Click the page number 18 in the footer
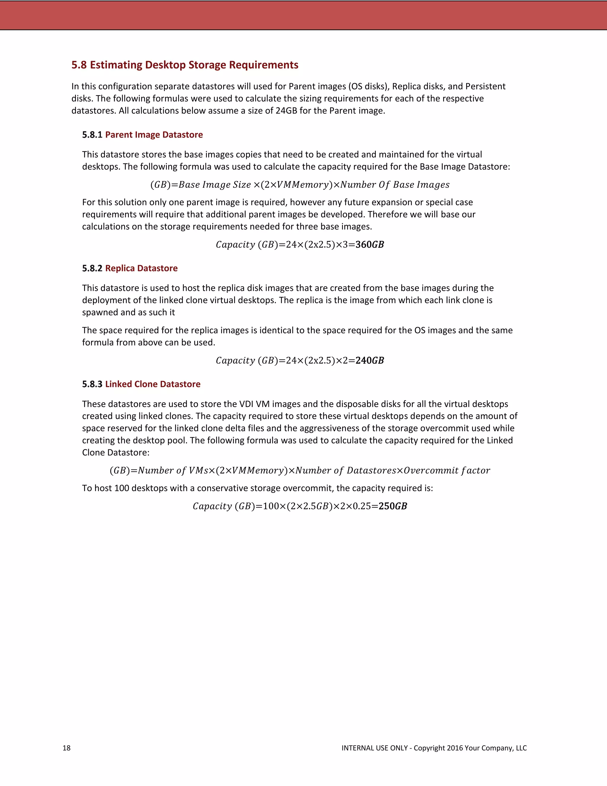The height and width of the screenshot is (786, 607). click(66, 748)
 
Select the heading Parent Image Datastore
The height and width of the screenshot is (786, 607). click(154, 135)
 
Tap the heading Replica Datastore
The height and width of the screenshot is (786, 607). click(141, 268)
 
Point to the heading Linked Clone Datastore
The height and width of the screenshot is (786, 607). click(153, 384)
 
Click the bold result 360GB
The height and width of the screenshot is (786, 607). click(370, 245)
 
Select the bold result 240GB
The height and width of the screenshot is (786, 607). click(370, 361)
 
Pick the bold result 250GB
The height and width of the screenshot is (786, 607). click(393, 506)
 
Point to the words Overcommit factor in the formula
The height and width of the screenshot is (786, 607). click(447, 470)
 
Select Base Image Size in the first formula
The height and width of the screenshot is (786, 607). click(215, 184)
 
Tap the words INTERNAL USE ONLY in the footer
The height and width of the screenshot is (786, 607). click(374, 748)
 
